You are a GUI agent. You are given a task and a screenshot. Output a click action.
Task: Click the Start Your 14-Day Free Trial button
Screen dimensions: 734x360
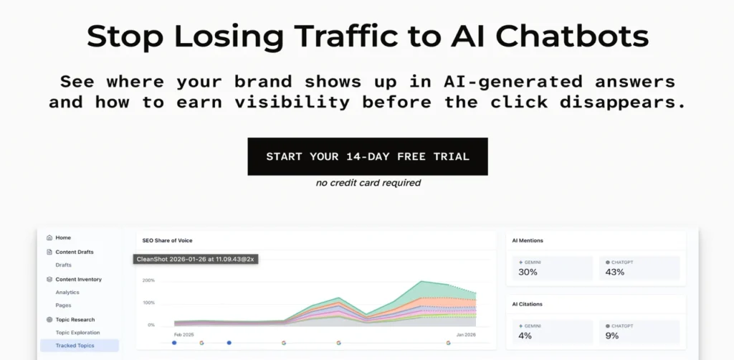368,156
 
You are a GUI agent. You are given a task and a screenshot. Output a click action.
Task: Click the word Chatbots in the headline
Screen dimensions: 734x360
572,36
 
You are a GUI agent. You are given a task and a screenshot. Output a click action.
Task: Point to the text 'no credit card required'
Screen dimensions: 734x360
368,183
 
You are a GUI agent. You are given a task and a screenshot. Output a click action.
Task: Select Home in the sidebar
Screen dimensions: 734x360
63,238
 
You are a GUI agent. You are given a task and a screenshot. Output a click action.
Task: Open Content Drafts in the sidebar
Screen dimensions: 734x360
75,252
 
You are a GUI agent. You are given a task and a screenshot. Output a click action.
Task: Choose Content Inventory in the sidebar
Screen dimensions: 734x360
79,280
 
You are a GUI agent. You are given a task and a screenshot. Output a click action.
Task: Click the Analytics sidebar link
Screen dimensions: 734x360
67,292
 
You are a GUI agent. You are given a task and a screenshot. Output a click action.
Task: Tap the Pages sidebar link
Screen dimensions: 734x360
63,305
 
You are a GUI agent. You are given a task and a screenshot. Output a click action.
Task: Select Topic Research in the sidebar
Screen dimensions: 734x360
75,320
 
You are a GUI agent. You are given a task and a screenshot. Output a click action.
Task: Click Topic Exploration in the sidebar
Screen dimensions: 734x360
77,332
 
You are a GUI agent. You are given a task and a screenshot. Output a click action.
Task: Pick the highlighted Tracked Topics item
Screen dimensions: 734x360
79,346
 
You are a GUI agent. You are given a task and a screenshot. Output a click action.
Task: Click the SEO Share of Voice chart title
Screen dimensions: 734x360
167,241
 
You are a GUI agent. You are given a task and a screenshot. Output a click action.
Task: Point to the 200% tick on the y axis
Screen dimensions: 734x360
148,280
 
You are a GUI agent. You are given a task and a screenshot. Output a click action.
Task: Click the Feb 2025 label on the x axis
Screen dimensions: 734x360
183,335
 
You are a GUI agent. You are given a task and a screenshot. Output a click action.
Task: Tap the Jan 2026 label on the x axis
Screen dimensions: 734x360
466,335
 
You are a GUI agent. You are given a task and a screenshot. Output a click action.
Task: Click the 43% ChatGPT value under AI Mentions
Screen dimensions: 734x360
614,272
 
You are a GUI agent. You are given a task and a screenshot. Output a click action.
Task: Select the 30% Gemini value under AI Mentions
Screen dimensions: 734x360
528,272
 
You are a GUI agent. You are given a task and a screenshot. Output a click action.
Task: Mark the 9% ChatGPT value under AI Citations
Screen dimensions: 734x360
612,336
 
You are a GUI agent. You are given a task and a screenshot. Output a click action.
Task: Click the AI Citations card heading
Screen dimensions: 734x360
527,304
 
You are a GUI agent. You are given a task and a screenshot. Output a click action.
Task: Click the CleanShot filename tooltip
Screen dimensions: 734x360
196,259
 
